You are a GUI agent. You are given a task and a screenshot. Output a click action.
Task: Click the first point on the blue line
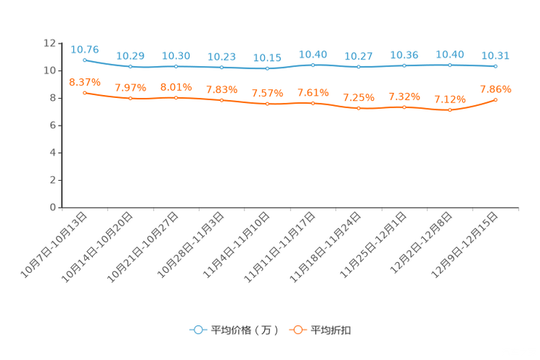pyautogui.click(x=85, y=60)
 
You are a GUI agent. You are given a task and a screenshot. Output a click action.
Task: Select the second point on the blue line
pyautogui.click(x=131, y=67)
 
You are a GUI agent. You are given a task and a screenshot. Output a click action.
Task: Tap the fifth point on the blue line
pyautogui.click(x=268, y=68)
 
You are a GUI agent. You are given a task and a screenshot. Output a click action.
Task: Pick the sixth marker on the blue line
pyautogui.click(x=313, y=65)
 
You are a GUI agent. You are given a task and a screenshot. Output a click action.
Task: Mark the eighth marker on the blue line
pyautogui.click(x=404, y=65)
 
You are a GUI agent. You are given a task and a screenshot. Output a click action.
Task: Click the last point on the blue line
pyautogui.click(x=496, y=66)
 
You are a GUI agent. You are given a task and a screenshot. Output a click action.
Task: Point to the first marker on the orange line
pyautogui.click(x=85, y=93)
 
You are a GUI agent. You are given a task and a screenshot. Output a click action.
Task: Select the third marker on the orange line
pyautogui.click(x=176, y=97)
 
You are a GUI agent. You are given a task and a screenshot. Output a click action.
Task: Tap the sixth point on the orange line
pyautogui.click(x=313, y=103)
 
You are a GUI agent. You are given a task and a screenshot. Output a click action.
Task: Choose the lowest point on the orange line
pyautogui.click(x=450, y=110)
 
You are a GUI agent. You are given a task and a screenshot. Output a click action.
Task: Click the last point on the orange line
pyautogui.click(x=496, y=99)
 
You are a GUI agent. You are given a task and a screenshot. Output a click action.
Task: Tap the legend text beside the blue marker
pyautogui.click(x=245, y=330)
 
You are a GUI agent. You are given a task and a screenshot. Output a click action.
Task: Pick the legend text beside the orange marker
pyautogui.click(x=332, y=330)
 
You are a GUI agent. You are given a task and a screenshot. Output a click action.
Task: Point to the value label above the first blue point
pyautogui.click(x=85, y=49)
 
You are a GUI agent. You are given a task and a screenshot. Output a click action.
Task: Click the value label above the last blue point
pyautogui.click(x=496, y=55)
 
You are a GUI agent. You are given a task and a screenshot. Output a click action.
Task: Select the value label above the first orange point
pyautogui.click(x=85, y=82)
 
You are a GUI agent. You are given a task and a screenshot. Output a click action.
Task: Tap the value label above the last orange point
pyautogui.click(x=496, y=89)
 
